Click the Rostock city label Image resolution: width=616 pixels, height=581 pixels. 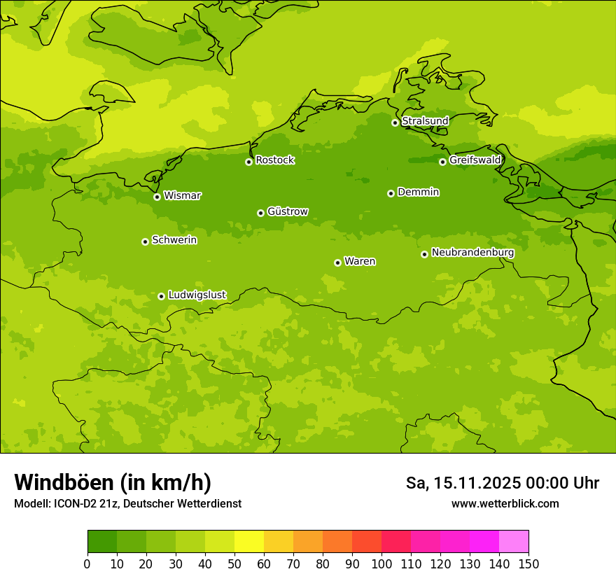tap(274, 160)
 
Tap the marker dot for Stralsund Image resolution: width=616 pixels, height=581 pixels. tap(395, 122)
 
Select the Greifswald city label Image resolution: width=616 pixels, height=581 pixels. tap(475, 160)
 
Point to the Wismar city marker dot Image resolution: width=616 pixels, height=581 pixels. tap(157, 197)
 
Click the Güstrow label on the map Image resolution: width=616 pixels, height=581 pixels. tap(288, 211)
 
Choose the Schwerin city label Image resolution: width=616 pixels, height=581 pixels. tap(174, 240)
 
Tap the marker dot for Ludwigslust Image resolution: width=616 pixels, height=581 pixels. tap(161, 296)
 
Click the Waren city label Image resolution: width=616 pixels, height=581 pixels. tap(360, 262)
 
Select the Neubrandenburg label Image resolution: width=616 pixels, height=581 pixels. tap(472, 253)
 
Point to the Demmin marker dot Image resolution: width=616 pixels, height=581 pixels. tap(391, 193)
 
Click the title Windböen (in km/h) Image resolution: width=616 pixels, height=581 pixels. tap(113, 482)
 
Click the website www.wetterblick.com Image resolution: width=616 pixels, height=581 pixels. tap(505, 503)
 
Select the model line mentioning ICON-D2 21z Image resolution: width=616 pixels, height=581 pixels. tap(127, 503)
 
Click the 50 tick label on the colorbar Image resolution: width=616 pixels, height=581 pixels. tap(234, 563)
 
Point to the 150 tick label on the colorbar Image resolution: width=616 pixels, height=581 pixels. tap(528, 563)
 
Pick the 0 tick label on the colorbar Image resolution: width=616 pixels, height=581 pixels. tap(87, 563)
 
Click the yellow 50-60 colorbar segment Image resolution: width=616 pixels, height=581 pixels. tap(249, 542)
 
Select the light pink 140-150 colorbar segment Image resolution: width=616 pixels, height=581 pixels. tap(514, 542)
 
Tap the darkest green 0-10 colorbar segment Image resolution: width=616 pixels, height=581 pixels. tap(102, 542)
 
